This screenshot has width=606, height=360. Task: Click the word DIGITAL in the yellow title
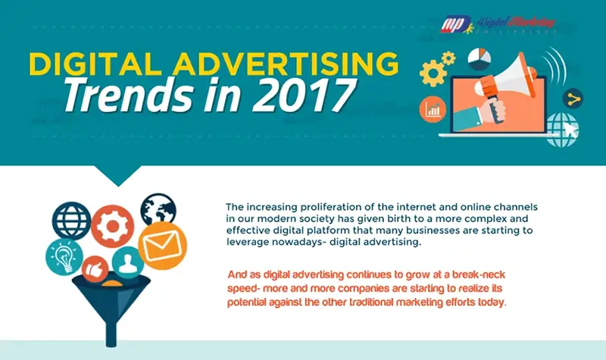[x=95, y=64]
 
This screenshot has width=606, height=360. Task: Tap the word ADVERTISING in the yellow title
[x=286, y=64]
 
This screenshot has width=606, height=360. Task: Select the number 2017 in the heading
[x=305, y=95]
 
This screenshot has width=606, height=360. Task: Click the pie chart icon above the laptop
[x=479, y=59]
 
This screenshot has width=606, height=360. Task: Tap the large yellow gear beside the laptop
[x=433, y=73]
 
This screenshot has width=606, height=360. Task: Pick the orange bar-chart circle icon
[x=433, y=109]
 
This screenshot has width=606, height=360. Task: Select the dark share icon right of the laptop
[x=573, y=99]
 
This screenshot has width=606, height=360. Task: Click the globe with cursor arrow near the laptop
[x=562, y=130]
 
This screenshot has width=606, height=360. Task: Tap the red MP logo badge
[x=456, y=24]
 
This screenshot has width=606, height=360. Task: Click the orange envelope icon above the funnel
[x=162, y=246]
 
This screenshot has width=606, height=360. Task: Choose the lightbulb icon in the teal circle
[x=64, y=257]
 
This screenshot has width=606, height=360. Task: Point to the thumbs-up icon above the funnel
[x=95, y=268]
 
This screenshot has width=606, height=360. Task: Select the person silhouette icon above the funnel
[x=128, y=262]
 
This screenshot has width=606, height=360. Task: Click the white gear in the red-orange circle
[x=112, y=226]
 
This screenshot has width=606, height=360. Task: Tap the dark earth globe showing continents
[x=158, y=211]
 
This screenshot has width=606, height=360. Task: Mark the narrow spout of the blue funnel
[x=111, y=333]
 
